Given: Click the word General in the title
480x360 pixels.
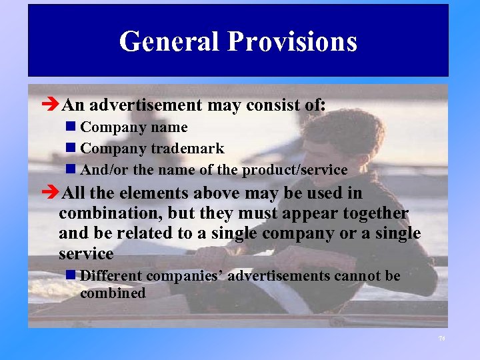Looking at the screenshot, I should (169, 41).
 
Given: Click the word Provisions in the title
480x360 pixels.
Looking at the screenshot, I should (293, 41).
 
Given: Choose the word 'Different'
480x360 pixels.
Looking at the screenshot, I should (111, 276).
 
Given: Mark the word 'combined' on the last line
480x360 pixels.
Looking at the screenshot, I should (113, 293).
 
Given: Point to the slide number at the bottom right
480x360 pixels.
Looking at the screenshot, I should (441, 339).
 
